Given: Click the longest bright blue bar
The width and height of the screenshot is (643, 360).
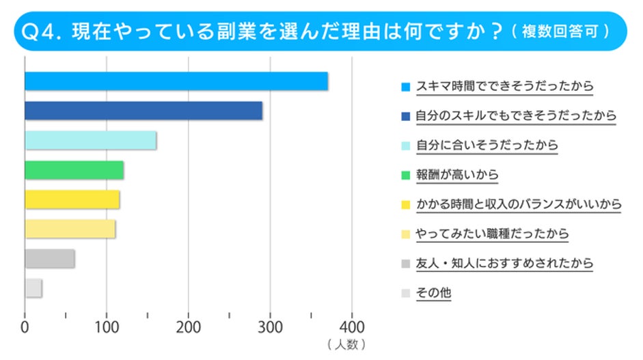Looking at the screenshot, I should [x=176, y=81].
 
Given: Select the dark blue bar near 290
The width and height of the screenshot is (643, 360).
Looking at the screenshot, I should [x=143, y=111].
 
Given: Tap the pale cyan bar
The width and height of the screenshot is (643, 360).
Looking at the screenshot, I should [x=90, y=140].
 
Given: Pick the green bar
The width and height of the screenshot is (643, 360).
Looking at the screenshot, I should [x=74, y=170].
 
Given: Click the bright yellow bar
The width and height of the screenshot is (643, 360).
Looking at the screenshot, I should [x=72, y=199].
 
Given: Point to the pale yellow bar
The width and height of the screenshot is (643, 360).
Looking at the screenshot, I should [x=70, y=229].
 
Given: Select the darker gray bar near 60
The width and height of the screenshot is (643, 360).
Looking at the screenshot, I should [x=49, y=259].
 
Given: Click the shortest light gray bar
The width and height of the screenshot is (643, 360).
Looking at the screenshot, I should [x=33, y=288].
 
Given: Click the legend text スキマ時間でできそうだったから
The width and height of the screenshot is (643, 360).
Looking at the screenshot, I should [x=504, y=87].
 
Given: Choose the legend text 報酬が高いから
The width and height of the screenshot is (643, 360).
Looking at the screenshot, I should [x=457, y=175].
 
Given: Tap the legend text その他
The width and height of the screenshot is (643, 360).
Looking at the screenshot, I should [x=433, y=293].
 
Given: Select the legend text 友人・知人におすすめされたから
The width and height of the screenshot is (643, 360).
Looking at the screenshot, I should [x=504, y=263].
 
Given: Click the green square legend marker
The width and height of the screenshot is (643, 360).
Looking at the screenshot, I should [x=406, y=176].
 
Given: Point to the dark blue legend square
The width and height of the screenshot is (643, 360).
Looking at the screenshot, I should [x=406, y=117].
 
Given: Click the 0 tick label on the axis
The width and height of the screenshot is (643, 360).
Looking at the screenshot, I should [x=25, y=326].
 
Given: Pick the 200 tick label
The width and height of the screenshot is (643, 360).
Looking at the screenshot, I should [x=189, y=326].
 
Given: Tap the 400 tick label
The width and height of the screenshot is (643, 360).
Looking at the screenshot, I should [x=352, y=326].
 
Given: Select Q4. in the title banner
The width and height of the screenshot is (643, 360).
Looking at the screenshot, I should [x=44, y=31].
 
